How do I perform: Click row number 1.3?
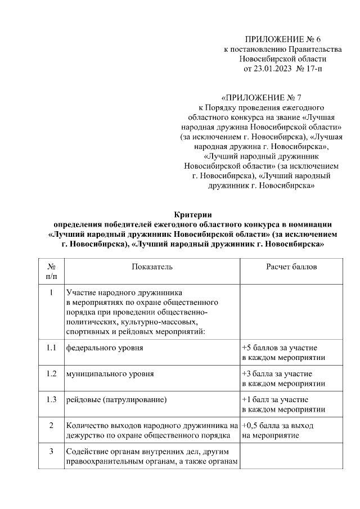pyautogui.click(x=51, y=399)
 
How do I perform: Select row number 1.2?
pyautogui.click(x=51, y=373)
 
